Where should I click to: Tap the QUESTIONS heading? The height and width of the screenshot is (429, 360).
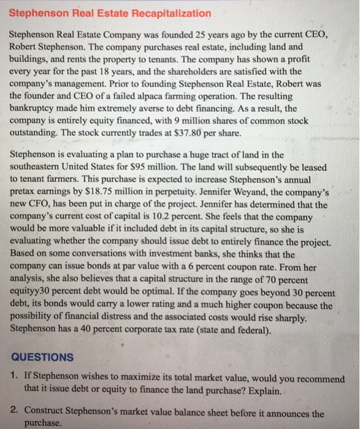42,357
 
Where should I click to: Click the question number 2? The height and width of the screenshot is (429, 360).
14,412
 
